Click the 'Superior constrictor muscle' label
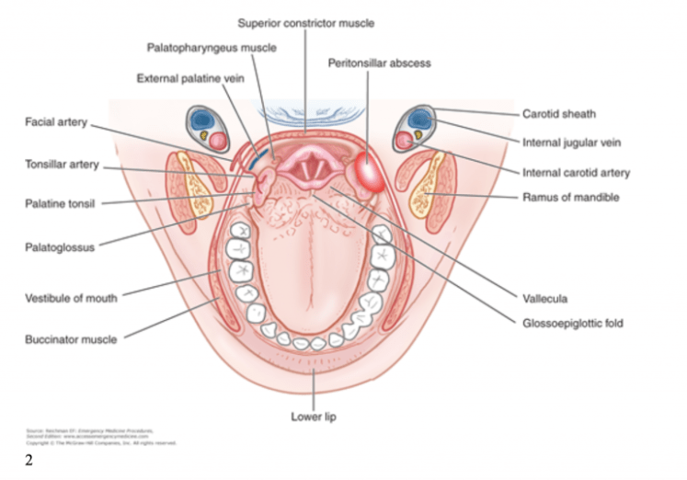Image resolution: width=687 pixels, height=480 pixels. (305, 22)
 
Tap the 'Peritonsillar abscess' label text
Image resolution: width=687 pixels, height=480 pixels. (379, 63)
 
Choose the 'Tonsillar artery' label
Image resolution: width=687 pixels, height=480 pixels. (62, 166)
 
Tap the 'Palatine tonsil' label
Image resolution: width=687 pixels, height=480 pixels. (62, 203)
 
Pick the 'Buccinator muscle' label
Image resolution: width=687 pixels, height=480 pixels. (71, 339)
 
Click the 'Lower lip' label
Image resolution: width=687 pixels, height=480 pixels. (313, 417)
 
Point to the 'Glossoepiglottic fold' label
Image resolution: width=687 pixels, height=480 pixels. (573, 323)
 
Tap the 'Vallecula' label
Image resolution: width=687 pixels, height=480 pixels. (544, 299)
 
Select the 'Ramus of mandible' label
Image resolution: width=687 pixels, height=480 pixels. (569, 197)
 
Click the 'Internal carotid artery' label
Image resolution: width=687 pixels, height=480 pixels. (576, 172)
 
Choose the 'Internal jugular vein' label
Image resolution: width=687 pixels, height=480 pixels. (571, 143)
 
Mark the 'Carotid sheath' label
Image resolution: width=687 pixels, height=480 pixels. (558, 114)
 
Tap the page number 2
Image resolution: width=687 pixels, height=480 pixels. (29, 461)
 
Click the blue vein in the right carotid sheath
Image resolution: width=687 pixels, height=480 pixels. (420, 119)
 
